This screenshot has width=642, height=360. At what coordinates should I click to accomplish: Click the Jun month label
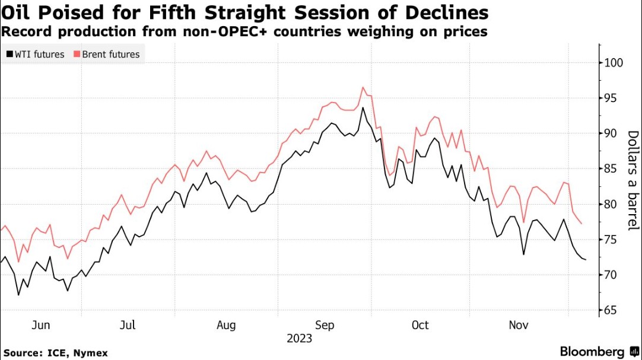(x=40, y=325)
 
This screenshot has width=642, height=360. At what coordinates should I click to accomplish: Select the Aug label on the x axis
(x=226, y=325)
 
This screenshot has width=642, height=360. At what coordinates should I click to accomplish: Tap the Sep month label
(x=325, y=325)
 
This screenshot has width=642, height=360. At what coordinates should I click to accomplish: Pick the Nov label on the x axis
(x=519, y=325)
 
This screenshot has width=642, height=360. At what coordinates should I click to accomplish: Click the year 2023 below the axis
(x=300, y=339)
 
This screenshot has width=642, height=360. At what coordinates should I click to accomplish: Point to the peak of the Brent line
(x=362, y=87)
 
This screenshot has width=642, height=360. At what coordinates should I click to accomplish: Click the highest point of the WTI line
(x=362, y=107)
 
